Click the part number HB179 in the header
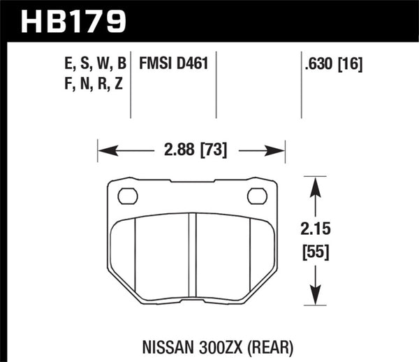(73, 20)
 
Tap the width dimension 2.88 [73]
(191, 150)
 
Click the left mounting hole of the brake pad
(128, 196)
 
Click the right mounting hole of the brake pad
(258, 196)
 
